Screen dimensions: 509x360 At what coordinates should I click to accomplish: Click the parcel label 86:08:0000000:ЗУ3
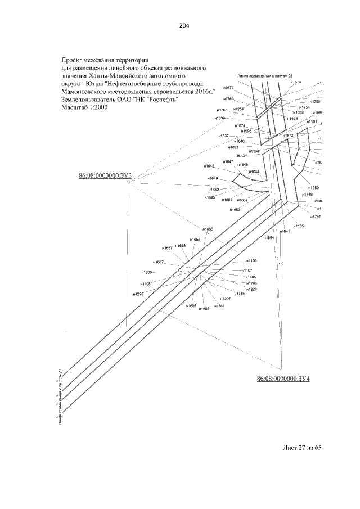[105, 176]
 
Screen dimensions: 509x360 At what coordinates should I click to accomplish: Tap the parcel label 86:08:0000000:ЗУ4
[283, 379]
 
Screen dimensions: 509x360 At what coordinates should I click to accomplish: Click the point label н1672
[228, 88]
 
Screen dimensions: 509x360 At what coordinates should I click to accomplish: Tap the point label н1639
[219, 118]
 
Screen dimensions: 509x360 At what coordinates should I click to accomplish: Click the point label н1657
[167, 248]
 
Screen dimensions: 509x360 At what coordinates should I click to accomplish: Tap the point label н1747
[315, 217]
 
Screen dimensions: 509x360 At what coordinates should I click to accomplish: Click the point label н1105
[298, 226]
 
